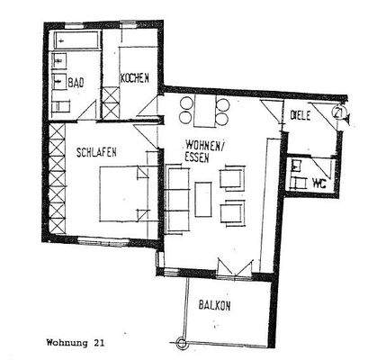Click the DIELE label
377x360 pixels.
(301, 114)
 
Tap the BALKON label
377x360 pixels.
(215, 305)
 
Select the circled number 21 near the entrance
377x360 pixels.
(337, 113)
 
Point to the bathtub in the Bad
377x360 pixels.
(74, 41)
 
